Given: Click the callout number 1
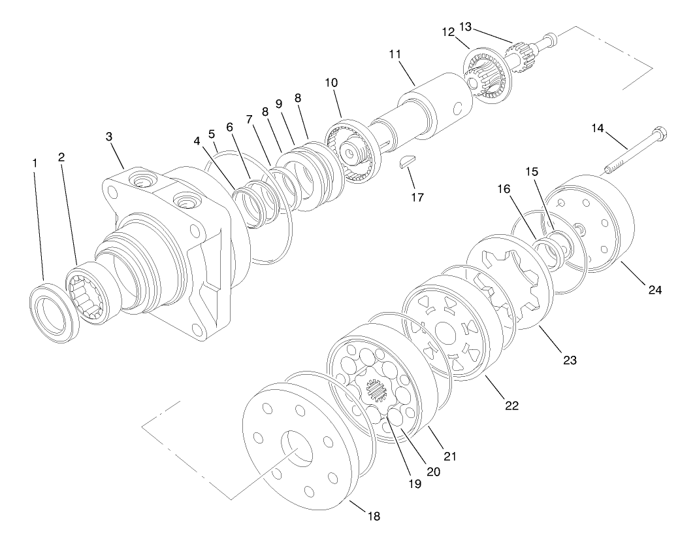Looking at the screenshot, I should point(35,161).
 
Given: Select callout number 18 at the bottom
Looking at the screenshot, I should point(373,516).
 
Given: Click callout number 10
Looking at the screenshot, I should point(331,83).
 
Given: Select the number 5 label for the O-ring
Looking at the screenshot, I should point(212,134).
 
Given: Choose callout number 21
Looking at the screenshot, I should point(450,455).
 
